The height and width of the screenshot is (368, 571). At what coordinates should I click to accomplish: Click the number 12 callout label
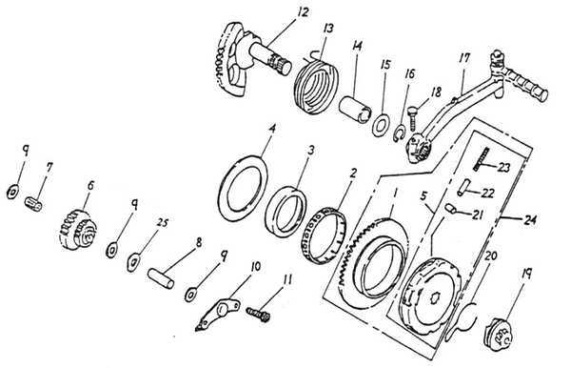tap(303, 12)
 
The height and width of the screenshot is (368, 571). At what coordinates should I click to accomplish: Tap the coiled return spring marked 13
tap(316, 85)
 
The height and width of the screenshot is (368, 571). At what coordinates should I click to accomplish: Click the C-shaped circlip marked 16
tap(399, 133)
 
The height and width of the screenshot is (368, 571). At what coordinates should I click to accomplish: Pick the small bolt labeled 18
tap(413, 117)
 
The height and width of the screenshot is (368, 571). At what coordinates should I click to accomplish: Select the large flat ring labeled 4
tap(243, 188)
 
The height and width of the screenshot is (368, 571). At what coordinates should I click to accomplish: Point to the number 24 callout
tap(529, 219)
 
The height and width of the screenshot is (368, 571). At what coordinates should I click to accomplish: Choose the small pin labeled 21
tap(452, 209)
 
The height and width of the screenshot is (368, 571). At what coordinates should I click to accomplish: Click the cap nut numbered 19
tap(498, 334)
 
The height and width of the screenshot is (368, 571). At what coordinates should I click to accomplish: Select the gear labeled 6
tap(78, 229)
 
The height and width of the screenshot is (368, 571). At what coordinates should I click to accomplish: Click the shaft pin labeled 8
tap(161, 278)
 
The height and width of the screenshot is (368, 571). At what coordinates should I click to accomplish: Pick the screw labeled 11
tap(258, 315)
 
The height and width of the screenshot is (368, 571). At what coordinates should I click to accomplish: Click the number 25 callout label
tap(163, 222)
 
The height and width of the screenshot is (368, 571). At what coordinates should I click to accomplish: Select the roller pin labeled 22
tap(463, 186)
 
